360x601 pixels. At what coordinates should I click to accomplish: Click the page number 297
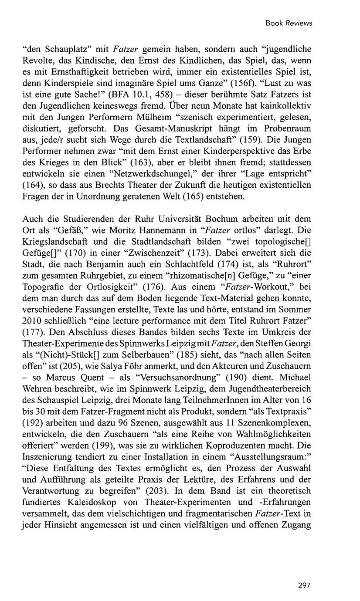[x=304, y=585]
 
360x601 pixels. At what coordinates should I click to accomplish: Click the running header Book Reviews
[x=289, y=23]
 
